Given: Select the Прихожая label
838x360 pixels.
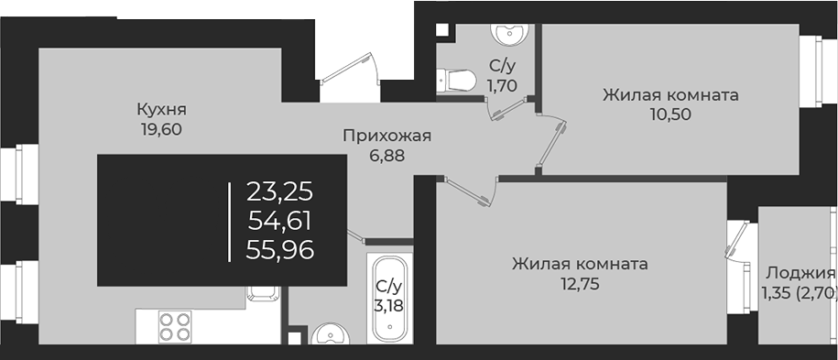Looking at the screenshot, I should (x=386, y=136).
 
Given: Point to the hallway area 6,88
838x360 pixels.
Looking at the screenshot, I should (x=386, y=156).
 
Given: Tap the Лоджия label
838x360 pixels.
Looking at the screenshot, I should (x=800, y=273).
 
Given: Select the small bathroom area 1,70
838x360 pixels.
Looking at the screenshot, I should (x=502, y=85).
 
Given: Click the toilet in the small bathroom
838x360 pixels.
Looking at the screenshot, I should (x=455, y=80).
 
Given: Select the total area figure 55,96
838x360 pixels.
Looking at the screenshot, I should (x=280, y=248).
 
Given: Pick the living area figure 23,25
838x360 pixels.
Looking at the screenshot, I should (x=280, y=191).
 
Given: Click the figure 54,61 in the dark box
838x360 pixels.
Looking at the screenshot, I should (x=280, y=220).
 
